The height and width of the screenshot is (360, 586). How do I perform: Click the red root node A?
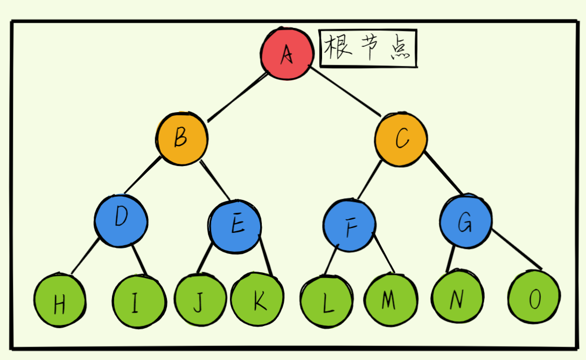[x=287, y=53]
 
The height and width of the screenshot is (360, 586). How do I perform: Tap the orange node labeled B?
[x=182, y=139]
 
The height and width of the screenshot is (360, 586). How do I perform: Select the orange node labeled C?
[x=401, y=139]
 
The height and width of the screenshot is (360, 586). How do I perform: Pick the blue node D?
[x=121, y=219]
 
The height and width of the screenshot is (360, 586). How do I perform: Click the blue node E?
[x=236, y=225]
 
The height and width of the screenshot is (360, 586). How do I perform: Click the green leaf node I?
[x=139, y=301]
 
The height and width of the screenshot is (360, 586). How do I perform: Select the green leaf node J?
[x=199, y=299]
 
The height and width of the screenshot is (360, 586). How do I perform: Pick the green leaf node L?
[x=326, y=302]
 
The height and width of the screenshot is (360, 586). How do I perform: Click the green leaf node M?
[x=390, y=299]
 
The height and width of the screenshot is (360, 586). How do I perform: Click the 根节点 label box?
[x=368, y=49]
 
